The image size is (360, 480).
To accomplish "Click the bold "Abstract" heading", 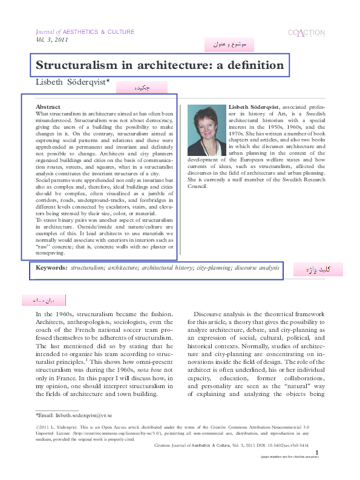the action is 48,106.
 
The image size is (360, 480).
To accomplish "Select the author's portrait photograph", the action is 206,130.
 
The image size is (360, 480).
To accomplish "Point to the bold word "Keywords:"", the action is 51,267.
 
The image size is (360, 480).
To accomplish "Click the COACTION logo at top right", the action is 306,33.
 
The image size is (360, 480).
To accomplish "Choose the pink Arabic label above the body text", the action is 43,300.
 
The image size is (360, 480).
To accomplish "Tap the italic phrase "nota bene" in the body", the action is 153,368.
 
